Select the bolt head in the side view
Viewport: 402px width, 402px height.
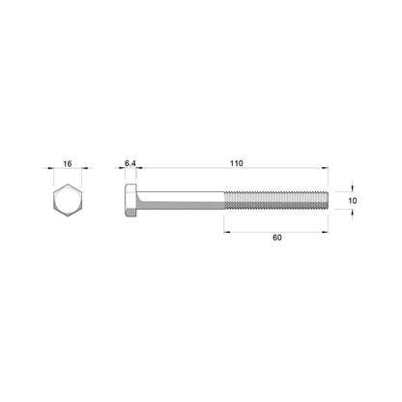130,201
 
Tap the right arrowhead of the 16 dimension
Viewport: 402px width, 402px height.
81,174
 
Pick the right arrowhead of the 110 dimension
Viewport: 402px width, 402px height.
325,174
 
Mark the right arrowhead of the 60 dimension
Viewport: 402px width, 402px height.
325,229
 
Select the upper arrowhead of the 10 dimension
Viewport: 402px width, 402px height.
353,191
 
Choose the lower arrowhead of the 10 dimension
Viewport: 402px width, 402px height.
353,211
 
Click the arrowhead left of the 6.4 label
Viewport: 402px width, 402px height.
122,174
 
